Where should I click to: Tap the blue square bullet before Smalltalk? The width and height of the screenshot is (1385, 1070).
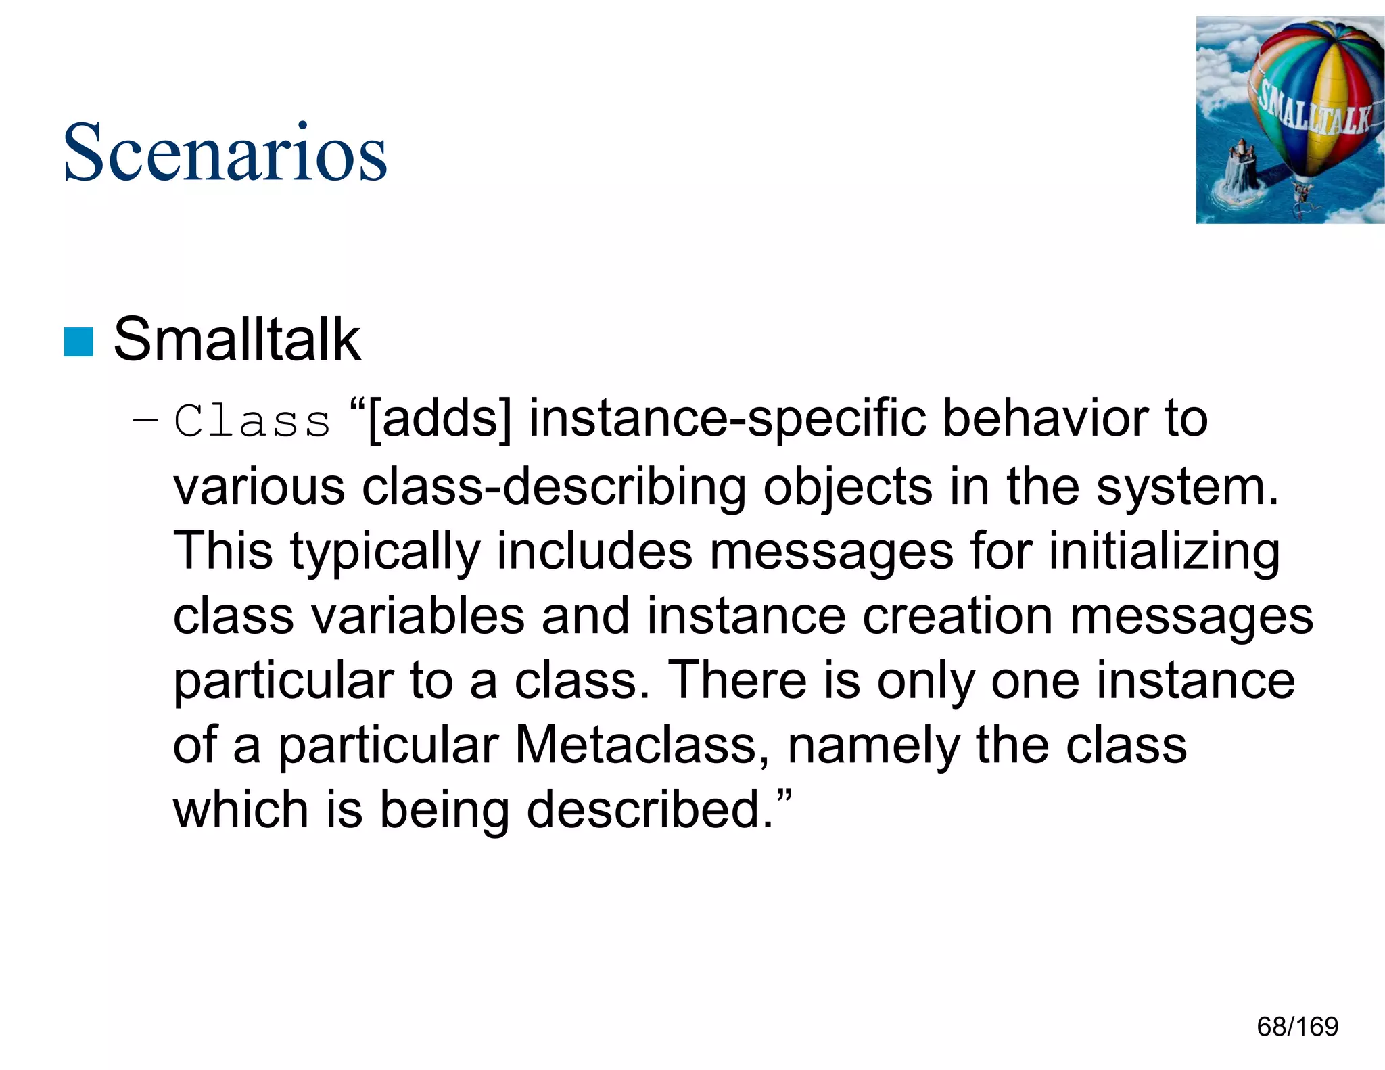pyautogui.click(x=78, y=342)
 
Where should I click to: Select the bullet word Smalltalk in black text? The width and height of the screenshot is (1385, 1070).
pyautogui.click(x=237, y=340)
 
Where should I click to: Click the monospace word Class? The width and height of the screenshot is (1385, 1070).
pyautogui.click(x=252, y=421)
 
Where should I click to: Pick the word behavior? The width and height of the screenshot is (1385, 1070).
pyautogui.click(x=1045, y=418)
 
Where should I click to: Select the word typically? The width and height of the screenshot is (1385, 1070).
pyautogui.click(x=385, y=551)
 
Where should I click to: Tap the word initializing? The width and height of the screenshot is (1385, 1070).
pyautogui.click(x=1164, y=551)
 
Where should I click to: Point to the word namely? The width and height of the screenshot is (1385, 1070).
pyautogui.click(x=873, y=745)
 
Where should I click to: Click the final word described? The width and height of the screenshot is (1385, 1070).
pyautogui.click(x=649, y=810)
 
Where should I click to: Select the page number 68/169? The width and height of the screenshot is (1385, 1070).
pyautogui.click(x=1297, y=1027)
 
